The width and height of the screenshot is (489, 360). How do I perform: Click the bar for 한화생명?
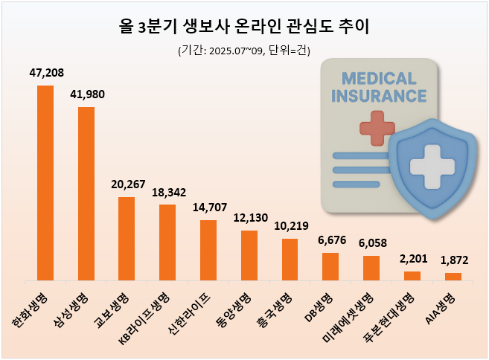45,183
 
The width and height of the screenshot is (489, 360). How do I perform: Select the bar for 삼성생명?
86,193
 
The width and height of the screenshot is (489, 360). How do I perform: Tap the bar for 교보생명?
127,239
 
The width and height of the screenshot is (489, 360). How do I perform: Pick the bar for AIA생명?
453,277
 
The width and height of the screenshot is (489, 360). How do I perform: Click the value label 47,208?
45,74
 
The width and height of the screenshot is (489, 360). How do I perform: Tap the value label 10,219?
290,226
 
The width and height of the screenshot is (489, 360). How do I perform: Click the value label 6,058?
371,243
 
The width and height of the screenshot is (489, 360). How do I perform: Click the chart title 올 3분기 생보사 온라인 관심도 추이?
244,28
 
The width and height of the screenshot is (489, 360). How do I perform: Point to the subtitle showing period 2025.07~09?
244,51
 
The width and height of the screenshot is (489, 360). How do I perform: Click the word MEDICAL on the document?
379,78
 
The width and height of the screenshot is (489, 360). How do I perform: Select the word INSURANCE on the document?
379,96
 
